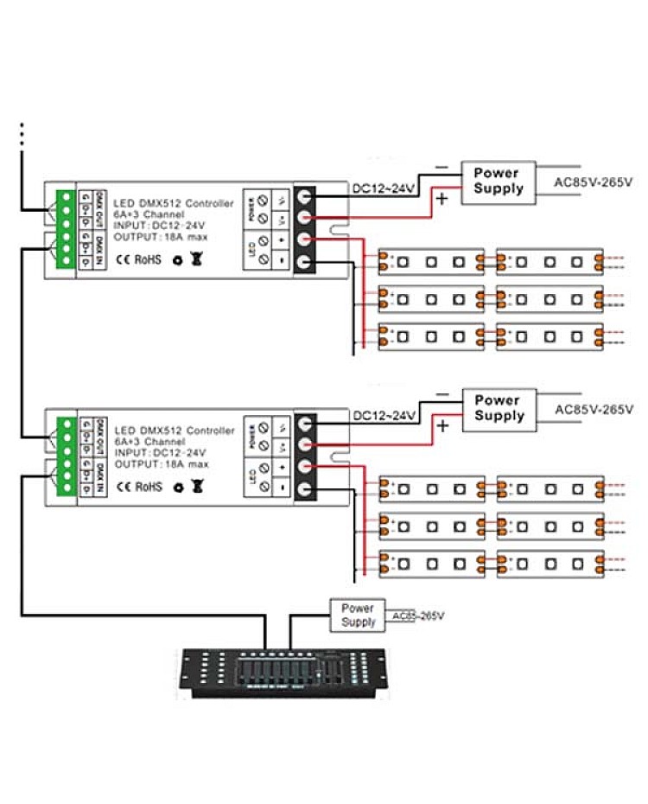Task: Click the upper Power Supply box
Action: [499, 181]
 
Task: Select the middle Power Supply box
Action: [499, 408]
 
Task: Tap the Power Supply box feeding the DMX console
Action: [358, 616]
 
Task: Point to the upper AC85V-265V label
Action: [594, 182]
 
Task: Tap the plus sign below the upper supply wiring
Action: [444, 199]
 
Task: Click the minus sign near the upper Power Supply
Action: [442, 166]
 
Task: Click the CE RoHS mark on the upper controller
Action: [136, 258]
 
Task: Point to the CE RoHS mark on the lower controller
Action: [136, 487]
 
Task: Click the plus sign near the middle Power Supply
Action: [443, 425]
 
